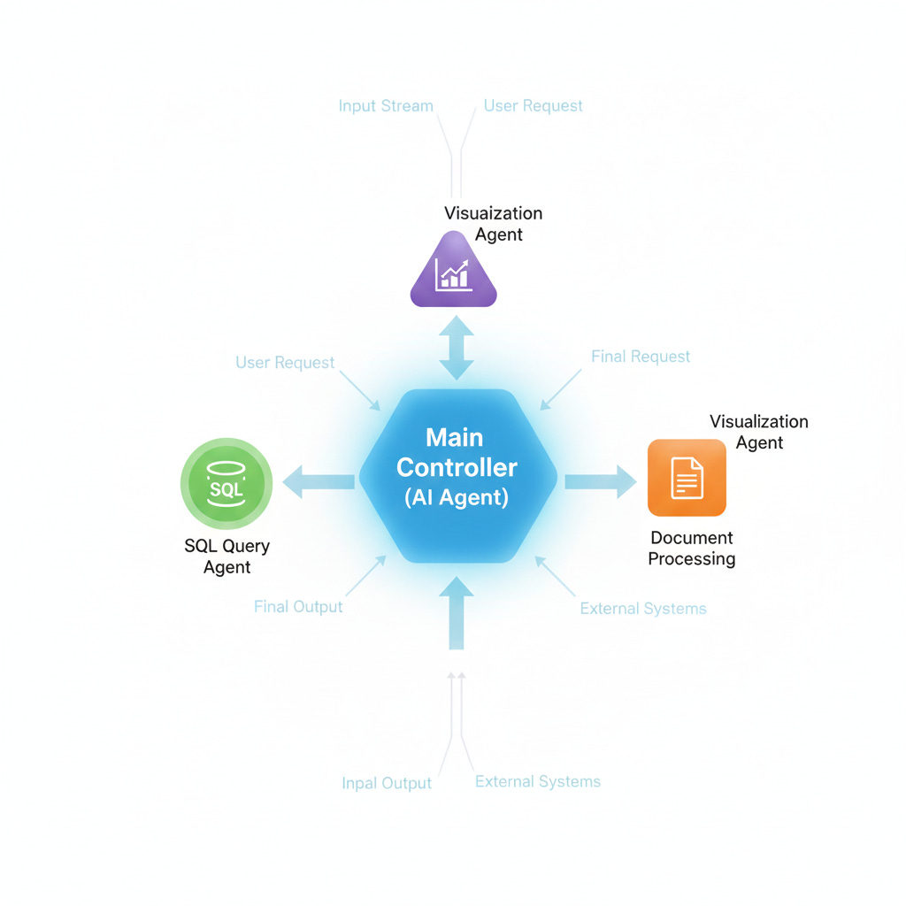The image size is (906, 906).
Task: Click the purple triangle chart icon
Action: [x=454, y=273]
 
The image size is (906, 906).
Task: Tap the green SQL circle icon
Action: [x=226, y=484]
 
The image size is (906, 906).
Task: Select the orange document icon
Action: [x=687, y=478]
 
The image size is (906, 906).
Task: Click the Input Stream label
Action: [x=386, y=106]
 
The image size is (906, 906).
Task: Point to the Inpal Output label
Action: [x=387, y=783]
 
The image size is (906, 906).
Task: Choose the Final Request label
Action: [x=641, y=357]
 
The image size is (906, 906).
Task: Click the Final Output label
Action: [x=298, y=607]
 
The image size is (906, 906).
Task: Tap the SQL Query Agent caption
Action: [x=226, y=557]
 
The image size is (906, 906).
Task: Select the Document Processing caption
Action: [x=692, y=548]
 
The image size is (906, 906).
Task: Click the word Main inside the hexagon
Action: [x=455, y=437]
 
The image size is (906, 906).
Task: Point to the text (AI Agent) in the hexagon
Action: [x=457, y=497]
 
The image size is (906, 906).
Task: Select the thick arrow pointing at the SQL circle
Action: [x=319, y=481]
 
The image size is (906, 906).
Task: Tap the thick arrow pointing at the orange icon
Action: [x=600, y=480]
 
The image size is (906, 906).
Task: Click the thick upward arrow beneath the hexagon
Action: [x=457, y=612]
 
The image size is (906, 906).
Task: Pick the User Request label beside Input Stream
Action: [x=533, y=106]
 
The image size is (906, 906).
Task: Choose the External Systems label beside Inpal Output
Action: [x=538, y=781]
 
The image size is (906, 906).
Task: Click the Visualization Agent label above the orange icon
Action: [x=759, y=432]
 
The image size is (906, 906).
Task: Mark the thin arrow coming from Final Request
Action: [x=561, y=389]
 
